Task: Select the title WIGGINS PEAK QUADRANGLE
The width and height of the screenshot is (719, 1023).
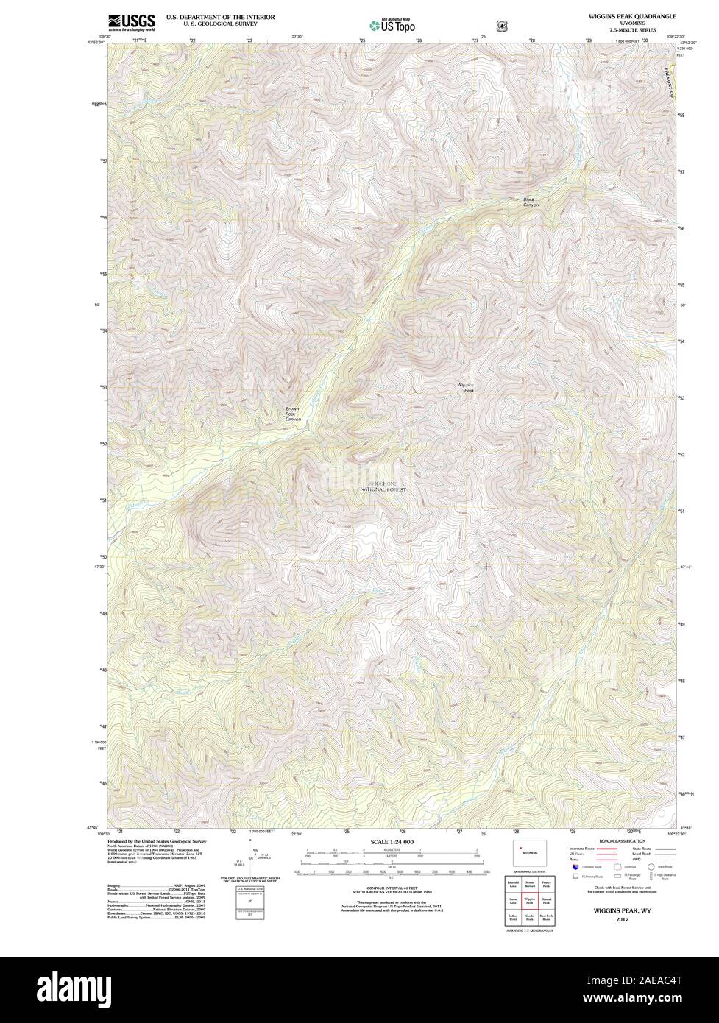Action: [x=631, y=15]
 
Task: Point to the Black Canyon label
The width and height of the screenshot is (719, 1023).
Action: [x=531, y=202]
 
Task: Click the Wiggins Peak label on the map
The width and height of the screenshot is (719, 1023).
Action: [x=466, y=387]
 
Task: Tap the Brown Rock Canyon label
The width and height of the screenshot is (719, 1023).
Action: [x=294, y=414]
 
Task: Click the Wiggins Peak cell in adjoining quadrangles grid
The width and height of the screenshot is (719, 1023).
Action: [x=529, y=899]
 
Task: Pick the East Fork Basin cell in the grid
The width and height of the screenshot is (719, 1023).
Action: [x=546, y=917]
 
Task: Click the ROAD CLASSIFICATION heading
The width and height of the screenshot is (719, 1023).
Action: [x=622, y=841]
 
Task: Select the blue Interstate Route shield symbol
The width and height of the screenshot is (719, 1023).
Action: [x=575, y=868]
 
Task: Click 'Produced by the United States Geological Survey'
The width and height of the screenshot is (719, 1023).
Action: [x=157, y=841]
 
